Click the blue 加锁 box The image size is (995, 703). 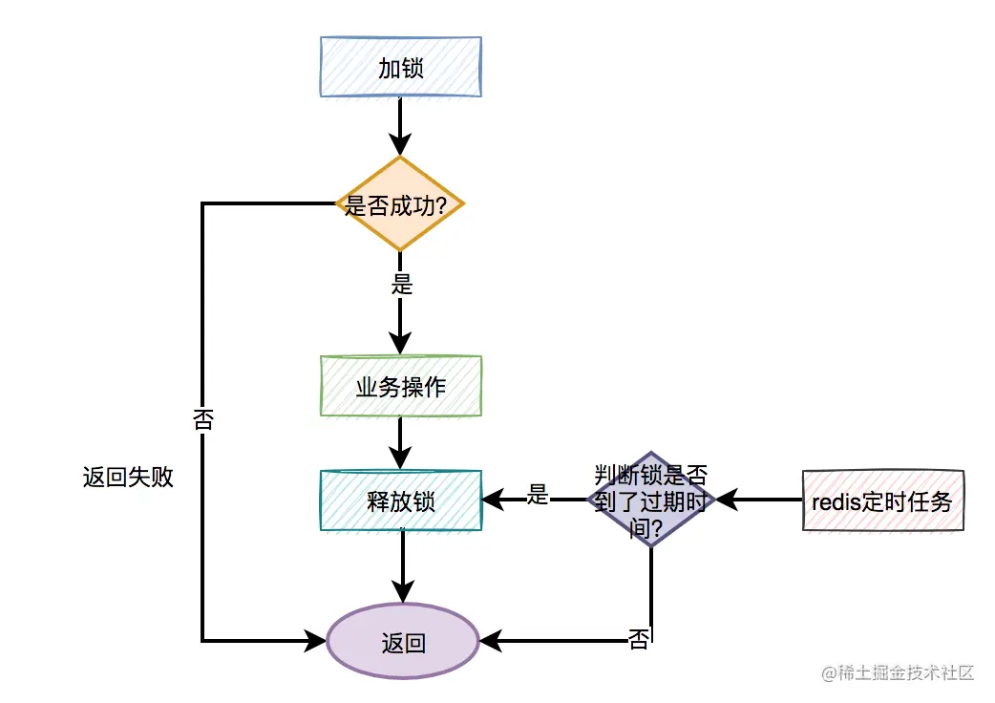click(x=400, y=67)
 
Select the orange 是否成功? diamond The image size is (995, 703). click(x=400, y=204)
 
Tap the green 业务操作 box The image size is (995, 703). click(x=400, y=387)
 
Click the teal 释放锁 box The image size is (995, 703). click(x=400, y=500)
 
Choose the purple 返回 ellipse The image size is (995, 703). click(x=402, y=642)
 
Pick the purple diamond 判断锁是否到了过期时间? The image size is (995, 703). click(x=651, y=499)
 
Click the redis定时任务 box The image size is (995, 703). click(x=882, y=500)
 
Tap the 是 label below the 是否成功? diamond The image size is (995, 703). click(x=402, y=284)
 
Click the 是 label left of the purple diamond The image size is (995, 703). click(x=539, y=495)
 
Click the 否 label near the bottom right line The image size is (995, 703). click(x=639, y=639)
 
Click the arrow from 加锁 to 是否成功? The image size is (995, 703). click(x=400, y=126)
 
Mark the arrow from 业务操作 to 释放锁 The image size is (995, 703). click(x=400, y=442)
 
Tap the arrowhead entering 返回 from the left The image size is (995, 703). click(x=316, y=641)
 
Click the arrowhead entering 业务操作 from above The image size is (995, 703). click(x=400, y=344)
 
